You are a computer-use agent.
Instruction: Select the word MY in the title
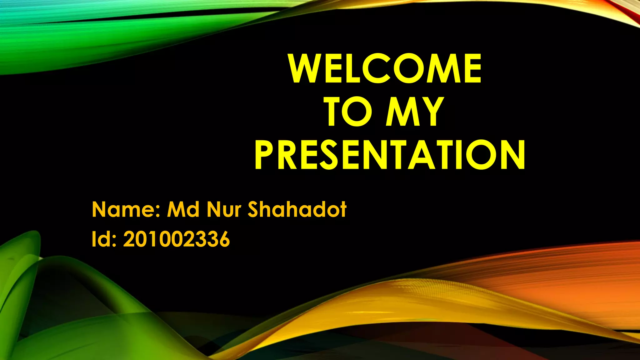(414, 112)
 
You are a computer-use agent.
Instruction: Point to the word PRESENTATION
(390, 155)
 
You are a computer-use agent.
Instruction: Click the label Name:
(127, 209)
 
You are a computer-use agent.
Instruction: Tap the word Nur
(224, 209)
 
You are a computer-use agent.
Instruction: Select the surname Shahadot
(297, 209)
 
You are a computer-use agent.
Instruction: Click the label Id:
(104, 240)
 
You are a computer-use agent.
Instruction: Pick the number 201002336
(177, 240)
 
